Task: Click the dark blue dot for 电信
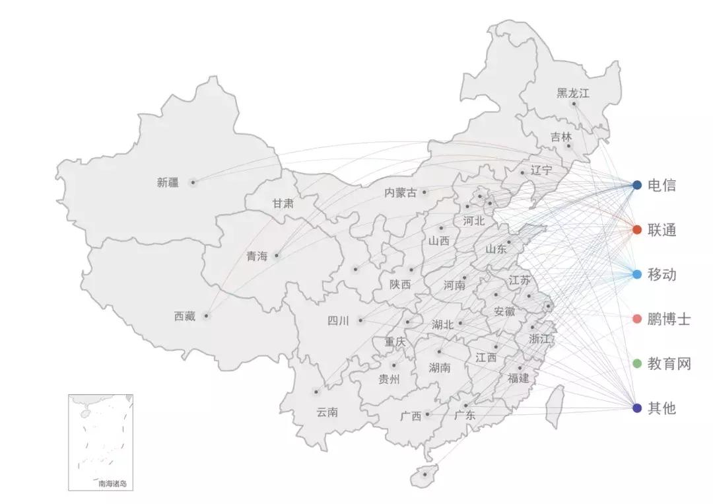637,185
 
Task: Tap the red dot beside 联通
637,230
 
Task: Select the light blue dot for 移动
637,274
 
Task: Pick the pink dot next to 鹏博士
637,319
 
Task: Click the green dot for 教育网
637,363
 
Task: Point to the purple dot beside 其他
637,408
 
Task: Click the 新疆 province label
168,183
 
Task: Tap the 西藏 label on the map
185,316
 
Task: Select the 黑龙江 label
572,93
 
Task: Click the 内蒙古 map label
401,193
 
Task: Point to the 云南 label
327,412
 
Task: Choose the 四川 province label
338,321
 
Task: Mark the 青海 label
257,256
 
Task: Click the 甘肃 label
283,203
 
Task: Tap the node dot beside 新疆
193,182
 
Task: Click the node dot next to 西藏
207,316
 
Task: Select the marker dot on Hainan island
424,474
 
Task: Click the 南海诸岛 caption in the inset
112,484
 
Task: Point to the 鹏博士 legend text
669,319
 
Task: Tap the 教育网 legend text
669,363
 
